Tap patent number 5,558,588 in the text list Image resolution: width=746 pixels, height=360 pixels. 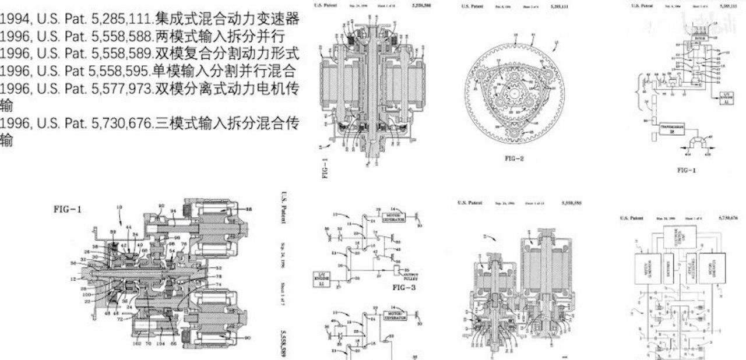point(125,37)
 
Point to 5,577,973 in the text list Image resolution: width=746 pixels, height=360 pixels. point(125,89)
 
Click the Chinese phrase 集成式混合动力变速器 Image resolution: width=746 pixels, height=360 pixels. point(227,19)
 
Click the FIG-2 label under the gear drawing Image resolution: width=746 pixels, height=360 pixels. point(513,158)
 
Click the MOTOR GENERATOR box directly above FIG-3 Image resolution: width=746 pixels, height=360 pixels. point(393,218)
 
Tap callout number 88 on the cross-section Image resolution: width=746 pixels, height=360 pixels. point(249,209)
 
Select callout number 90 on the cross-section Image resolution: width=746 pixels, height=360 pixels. point(248,337)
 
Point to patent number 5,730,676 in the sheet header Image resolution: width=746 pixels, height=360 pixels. point(729,218)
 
